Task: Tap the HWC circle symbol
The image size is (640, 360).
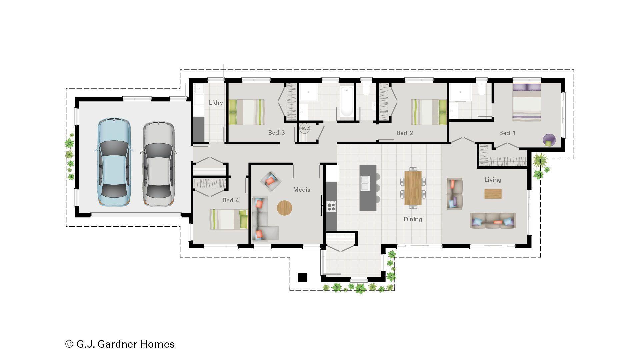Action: (x=304, y=128)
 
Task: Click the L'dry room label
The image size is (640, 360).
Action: (x=216, y=103)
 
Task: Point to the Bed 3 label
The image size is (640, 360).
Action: (x=276, y=133)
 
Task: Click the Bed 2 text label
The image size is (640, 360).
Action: (x=404, y=133)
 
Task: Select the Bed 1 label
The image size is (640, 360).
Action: (x=507, y=133)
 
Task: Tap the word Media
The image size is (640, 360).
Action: (x=301, y=190)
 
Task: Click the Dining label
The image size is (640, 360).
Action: (x=413, y=219)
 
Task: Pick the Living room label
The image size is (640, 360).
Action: (x=493, y=180)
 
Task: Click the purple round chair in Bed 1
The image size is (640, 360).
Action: (x=549, y=140)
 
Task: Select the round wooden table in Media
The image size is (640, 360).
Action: (x=284, y=208)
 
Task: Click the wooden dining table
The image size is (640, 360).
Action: (x=413, y=188)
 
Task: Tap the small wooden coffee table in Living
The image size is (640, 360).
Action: (x=493, y=194)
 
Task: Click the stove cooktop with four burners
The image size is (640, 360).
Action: (x=331, y=206)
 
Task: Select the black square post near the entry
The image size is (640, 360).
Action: (x=302, y=277)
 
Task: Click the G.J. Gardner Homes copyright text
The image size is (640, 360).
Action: (x=120, y=344)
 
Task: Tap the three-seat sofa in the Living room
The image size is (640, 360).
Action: (x=493, y=221)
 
